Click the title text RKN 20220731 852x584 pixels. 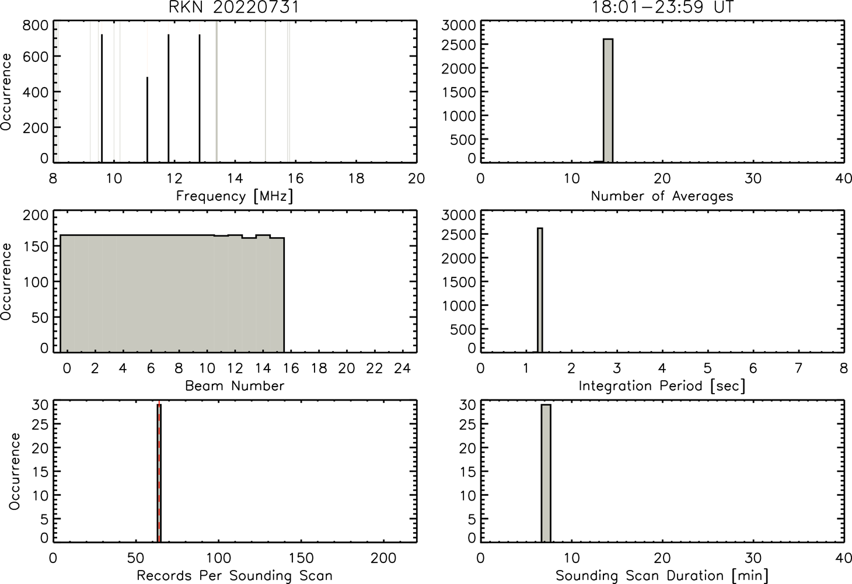234,7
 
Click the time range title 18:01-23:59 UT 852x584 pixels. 662,7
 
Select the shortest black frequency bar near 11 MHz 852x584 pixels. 147,120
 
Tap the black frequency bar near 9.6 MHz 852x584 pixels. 102,98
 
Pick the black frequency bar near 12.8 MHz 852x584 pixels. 200,98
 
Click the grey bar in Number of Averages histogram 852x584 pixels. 608,100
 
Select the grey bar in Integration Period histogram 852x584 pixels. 540,290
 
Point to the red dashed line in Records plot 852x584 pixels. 159,471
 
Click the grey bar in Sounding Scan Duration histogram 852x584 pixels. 546,473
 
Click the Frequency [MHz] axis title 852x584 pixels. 235,196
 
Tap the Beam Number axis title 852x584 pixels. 235,386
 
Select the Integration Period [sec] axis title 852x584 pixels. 662,386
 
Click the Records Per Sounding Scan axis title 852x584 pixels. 235,575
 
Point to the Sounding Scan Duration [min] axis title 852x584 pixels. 662,575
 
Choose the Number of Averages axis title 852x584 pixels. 662,196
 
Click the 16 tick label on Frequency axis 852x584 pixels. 295,178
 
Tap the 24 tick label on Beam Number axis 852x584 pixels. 403,368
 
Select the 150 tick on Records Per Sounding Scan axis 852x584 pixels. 301,558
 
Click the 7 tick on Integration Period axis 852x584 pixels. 798,368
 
